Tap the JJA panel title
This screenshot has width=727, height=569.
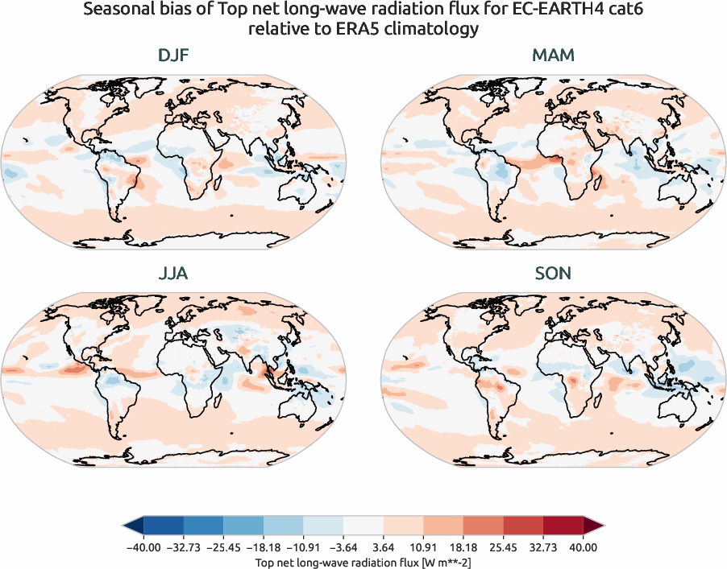click(x=174, y=274)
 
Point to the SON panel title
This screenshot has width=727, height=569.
click(x=553, y=274)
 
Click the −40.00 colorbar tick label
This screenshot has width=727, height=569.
click(x=143, y=546)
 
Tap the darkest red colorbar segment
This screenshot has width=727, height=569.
click(x=563, y=527)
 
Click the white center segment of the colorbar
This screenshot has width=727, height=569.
click(x=363, y=527)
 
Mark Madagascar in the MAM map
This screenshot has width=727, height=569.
click(x=597, y=184)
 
